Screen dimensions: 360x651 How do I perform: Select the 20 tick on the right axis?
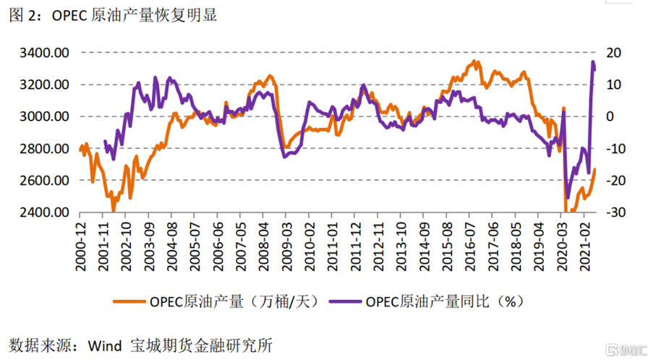tap(611, 53)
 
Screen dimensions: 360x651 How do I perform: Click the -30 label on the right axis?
tap(611, 213)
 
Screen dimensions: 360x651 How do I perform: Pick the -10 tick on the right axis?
tap(611, 149)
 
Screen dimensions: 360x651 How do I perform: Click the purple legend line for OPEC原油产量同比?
tap(346, 301)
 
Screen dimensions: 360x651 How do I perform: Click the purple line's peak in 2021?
tap(593, 63)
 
